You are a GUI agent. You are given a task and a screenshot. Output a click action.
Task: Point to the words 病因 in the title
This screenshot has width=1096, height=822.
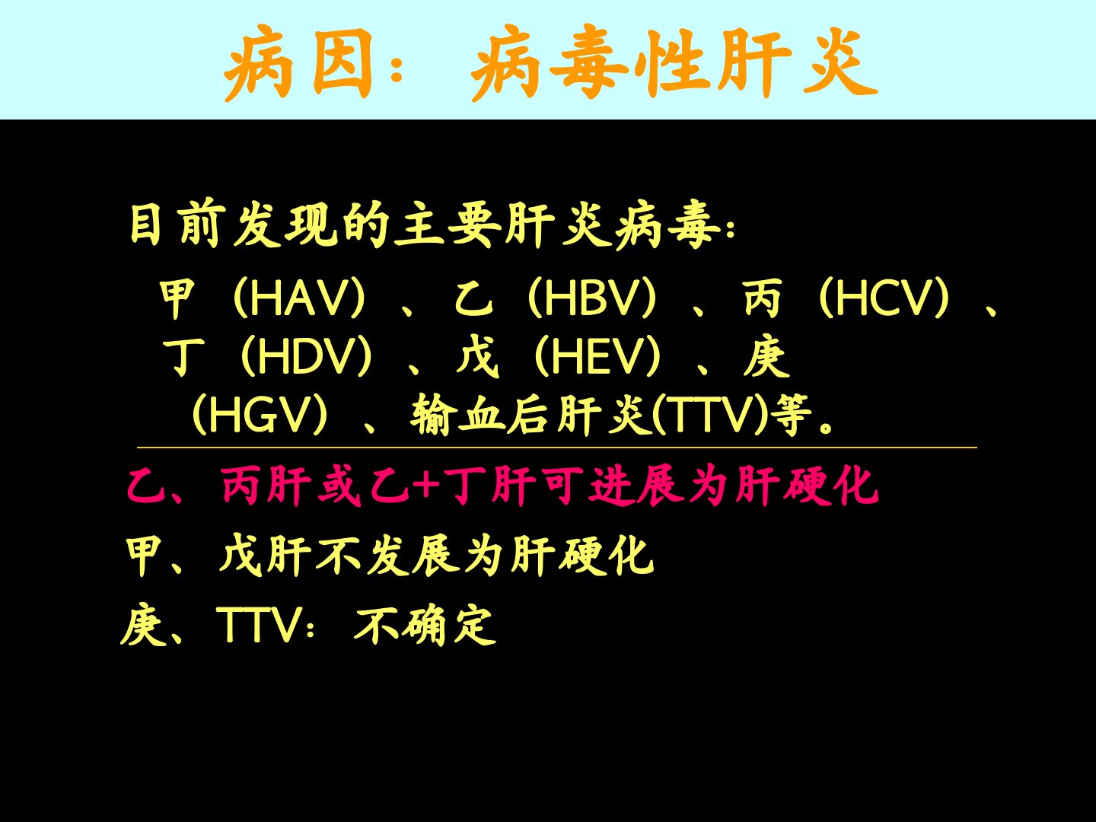point(298,63)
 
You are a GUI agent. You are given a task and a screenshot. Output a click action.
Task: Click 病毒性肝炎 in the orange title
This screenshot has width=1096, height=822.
point(674,63)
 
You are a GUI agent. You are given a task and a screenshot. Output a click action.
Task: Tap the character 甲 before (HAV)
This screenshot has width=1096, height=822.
point(177,298)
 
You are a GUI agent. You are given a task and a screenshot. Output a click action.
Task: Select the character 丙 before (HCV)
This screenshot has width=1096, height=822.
point(763,298)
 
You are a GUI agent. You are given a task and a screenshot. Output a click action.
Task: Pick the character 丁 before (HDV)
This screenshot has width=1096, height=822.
point(183,356)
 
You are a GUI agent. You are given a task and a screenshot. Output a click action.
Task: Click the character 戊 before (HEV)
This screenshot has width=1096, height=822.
point(477,356)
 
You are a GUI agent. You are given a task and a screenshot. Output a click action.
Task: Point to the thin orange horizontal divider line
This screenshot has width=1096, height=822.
point(556,448)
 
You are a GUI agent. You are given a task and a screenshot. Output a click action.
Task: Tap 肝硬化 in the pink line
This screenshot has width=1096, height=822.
point(807,486)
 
